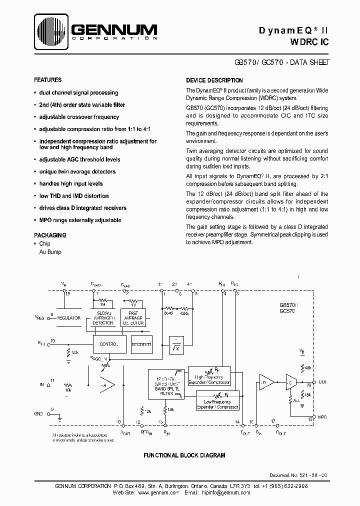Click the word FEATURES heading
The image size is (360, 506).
click(48, 80)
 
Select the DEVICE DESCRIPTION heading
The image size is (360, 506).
click(214, 80)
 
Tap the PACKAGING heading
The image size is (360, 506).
click(50, 235)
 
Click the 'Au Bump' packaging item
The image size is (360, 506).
click(50, 252)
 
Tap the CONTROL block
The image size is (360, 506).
click(109, 344)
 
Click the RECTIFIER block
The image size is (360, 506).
click(141, 344)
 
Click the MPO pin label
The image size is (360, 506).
click(322, 416)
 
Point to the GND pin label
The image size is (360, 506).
click(38, 414)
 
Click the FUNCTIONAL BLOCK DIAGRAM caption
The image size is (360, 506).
click(184, 455)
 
